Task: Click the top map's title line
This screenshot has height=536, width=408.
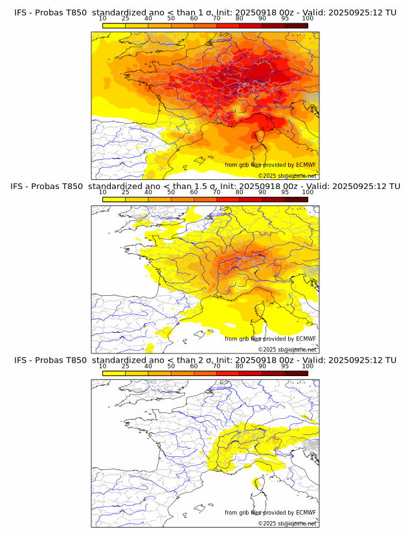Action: [205, 12]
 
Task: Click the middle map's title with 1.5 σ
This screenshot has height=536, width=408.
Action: [205, 186]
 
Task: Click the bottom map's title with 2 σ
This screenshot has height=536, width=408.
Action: [205, 360]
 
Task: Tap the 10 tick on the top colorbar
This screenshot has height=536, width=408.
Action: [102, 18]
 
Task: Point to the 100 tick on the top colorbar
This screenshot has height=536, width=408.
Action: [308, 18]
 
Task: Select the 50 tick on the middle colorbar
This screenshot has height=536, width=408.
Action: [171, 192]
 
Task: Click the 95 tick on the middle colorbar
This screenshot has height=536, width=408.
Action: [285, 192]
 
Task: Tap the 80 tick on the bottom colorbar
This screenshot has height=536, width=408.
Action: [239, 366]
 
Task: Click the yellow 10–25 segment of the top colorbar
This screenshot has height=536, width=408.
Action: [114, 26]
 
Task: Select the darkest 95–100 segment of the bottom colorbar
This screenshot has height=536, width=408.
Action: [297, 374]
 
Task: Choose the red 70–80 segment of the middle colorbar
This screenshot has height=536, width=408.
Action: [228, 199]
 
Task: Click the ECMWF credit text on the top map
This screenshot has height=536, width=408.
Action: [270, 165]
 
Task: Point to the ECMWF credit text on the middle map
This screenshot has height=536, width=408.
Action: [270, 339]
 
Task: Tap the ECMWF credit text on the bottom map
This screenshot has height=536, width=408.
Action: [270, 513]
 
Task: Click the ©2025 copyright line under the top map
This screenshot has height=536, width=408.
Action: [287, 175]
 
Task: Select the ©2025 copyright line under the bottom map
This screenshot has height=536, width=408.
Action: [287, 523]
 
